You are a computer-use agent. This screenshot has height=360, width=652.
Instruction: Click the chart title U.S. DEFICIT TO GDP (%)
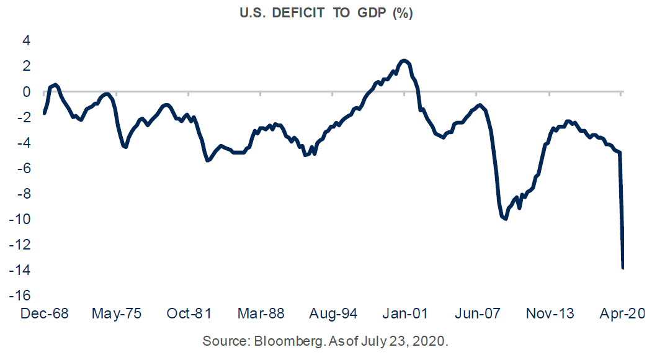325,14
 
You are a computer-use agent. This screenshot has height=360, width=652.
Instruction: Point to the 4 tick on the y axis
26,40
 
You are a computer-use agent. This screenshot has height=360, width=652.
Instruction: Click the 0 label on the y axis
26,92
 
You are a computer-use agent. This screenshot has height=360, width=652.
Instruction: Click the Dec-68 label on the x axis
44,313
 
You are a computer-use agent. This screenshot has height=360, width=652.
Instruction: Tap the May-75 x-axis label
116,313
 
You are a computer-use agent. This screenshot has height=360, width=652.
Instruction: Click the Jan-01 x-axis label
404,313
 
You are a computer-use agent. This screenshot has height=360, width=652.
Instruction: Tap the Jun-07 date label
477,313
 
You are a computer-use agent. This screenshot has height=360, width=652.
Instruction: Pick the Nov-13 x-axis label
550,313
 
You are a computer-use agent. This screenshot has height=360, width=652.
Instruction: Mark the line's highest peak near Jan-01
404,60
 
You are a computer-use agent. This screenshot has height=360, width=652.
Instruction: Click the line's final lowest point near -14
622,268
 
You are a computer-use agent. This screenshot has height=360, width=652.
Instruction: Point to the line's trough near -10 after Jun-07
506,218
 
